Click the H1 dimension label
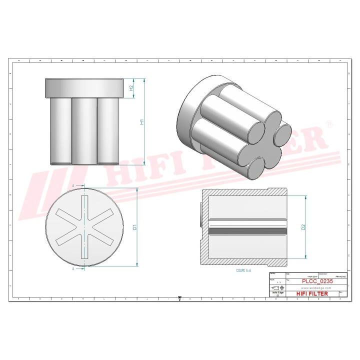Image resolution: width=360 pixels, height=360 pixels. (x=141, y=121)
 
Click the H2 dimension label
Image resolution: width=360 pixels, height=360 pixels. (x=131, y=87)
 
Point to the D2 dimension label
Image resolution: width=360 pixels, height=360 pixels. (x=303, y=227)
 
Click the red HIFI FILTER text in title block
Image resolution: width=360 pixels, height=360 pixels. (x=312, y=294)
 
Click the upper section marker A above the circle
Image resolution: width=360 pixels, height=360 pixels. (x=74, y=185)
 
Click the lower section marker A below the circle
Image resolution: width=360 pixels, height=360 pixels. (x=74, y=268)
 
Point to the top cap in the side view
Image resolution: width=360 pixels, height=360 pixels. (x=84, y=87)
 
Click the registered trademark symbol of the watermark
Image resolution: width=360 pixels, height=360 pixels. (x=329, y=123)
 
